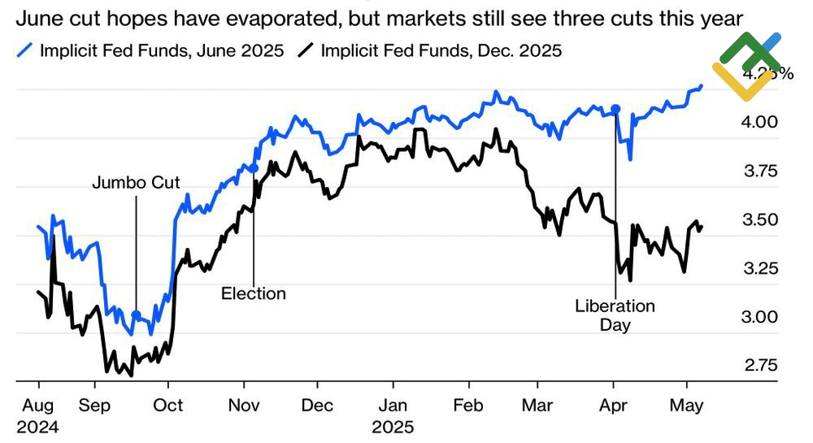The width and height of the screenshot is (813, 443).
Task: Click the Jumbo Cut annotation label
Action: (x=136, y=182)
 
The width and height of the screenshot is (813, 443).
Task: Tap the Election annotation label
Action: (x=254, y=293)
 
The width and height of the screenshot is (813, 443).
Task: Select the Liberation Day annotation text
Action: (x=615, y=315)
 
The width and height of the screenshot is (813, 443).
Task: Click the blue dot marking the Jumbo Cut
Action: (x=136, y=315)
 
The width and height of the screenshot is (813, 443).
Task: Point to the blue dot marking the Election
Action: (x=254, y=168)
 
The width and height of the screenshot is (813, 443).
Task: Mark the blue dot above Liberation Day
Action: (x=615, y=108)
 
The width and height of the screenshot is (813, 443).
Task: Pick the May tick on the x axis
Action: (x=687, y=406)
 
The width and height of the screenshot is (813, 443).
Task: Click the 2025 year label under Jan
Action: (x=393, y=426)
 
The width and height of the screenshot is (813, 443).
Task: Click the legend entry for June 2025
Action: (x=150, y=51)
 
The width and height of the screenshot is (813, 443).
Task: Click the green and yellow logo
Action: (x=746, y=65)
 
